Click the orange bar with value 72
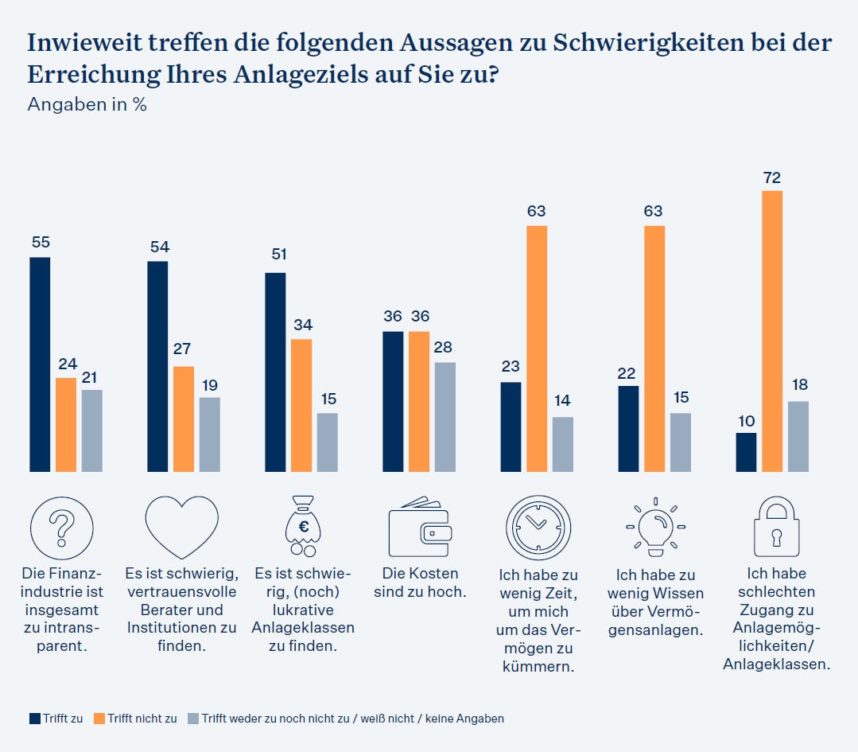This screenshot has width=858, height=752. pos(771,331)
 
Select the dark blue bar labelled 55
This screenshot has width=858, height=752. pos(40,364)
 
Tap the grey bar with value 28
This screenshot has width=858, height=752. pos(445,417)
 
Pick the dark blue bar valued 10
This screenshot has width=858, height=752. pos(746,452)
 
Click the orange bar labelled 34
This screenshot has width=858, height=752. pos(301,405)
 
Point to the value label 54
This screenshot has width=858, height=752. pos(159,247)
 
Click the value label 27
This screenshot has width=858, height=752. pos(183,349)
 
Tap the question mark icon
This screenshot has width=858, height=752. pos(61,528)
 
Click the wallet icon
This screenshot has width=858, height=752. pos(419,528)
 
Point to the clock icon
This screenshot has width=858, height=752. pos(538,528)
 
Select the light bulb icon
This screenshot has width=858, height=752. pos(655,526)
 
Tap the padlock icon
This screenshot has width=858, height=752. pos(775,528)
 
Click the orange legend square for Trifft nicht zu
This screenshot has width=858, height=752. pos(99,719)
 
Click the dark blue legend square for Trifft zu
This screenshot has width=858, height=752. pos(35,719)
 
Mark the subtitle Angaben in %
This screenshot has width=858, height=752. pos(87,104)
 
